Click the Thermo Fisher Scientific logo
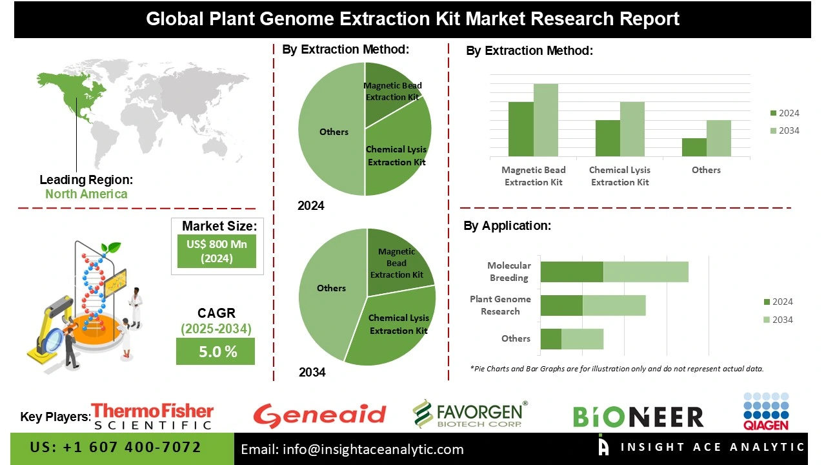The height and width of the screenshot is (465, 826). pyautogui.click(x=152, y=417)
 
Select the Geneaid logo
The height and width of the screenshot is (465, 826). pyautogui.click(x=319, y=415)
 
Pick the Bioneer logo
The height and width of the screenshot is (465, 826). pyautogui.click(x=638, y=417)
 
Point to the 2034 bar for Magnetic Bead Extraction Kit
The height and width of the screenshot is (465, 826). pyautogui.click(x=545, y=119)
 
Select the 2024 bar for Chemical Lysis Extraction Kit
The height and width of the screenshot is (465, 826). pyautogui.click(x=607, y=138)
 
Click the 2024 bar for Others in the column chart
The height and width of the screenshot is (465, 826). pyautogui.click(x=694, y=147)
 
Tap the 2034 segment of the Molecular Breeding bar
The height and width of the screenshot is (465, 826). pyautogui.click(x=645, y=272)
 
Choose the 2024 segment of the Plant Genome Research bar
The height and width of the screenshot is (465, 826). pyautogui.click(x=561, y=305)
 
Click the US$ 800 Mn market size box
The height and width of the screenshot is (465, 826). pyautogui.click(x=216, y=251)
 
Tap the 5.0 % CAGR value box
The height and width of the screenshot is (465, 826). pyautogui.click(x=215, y=352)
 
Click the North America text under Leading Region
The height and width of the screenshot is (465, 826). pyautogui.click(x=86, y=194)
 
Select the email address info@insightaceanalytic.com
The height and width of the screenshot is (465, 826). pyautogui.click(x=352, y=449)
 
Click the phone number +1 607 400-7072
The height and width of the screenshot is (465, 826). pyautogui.click(x=116, y=448)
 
